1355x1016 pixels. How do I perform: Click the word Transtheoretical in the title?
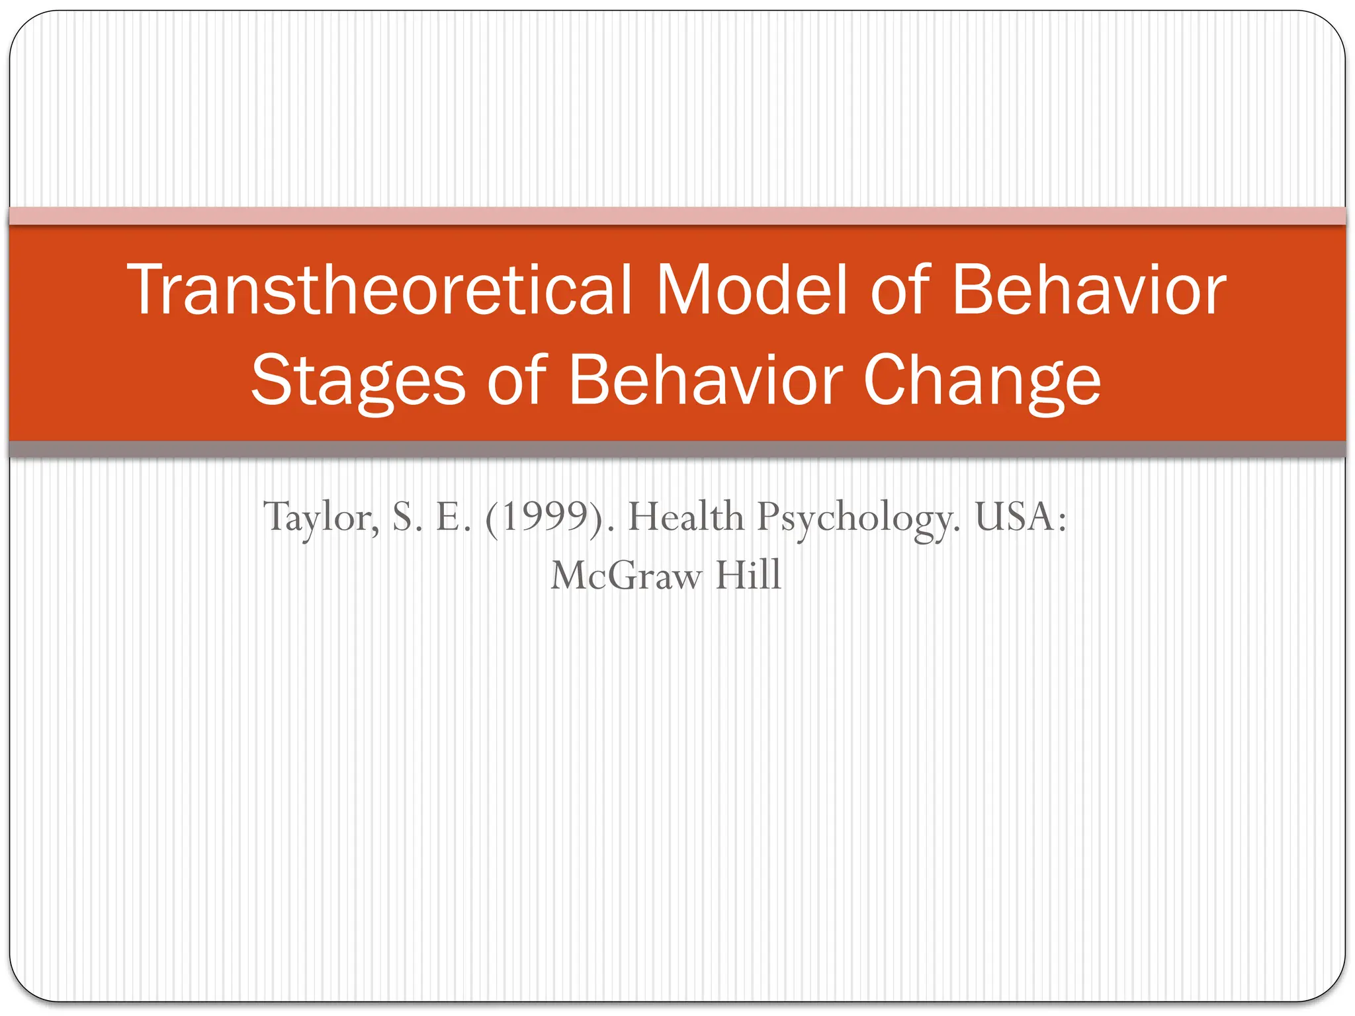(x=380, y=289)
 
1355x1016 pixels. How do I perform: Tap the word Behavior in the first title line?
(x=1088, y=289)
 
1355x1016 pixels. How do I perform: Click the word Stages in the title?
(x=358, y=381)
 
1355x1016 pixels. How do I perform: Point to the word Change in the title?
(x=982, y=381)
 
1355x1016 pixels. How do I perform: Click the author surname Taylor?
(x=322, y=517)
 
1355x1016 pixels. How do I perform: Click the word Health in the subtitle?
(x=685, y=517)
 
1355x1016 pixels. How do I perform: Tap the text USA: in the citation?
(x=1021, y=517)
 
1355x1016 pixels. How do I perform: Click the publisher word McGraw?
(x=625, y=575)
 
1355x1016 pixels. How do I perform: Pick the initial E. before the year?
(x=453, y=517)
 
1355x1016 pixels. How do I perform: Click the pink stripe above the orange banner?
(x=677, y=216)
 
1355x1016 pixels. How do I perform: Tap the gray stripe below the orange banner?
(x=677, y=450)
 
